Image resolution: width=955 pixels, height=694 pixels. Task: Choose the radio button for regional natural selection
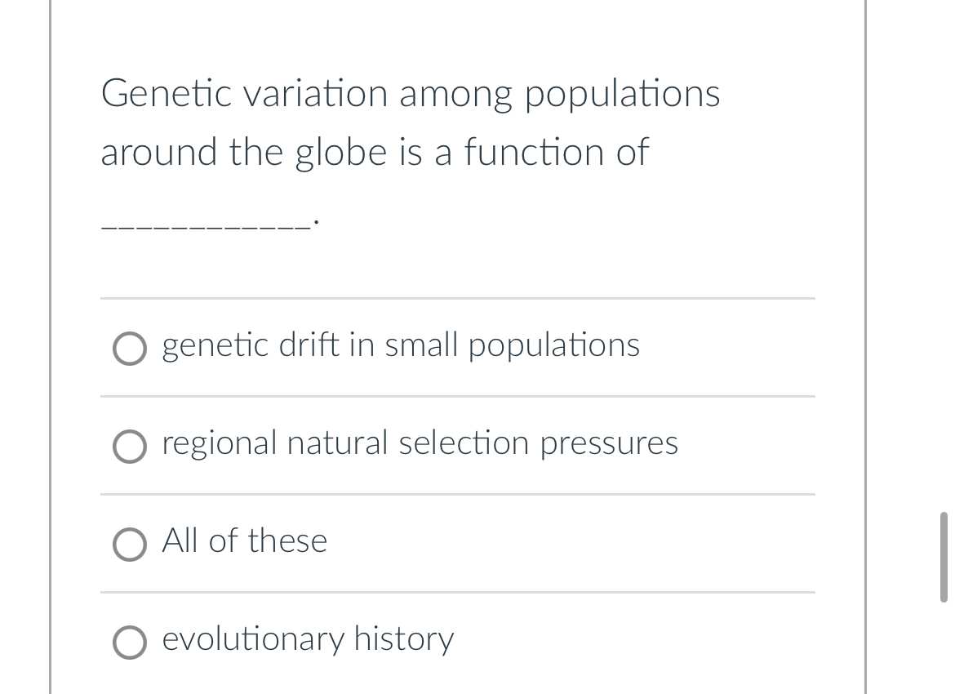(129, 447)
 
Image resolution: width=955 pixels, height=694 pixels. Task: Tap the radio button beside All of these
(129, 545)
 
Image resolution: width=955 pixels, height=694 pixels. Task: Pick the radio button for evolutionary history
(129, 643)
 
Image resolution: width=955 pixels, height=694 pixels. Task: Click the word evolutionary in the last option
(253, 639)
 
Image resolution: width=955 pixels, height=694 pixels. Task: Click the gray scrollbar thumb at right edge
(944, 557)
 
